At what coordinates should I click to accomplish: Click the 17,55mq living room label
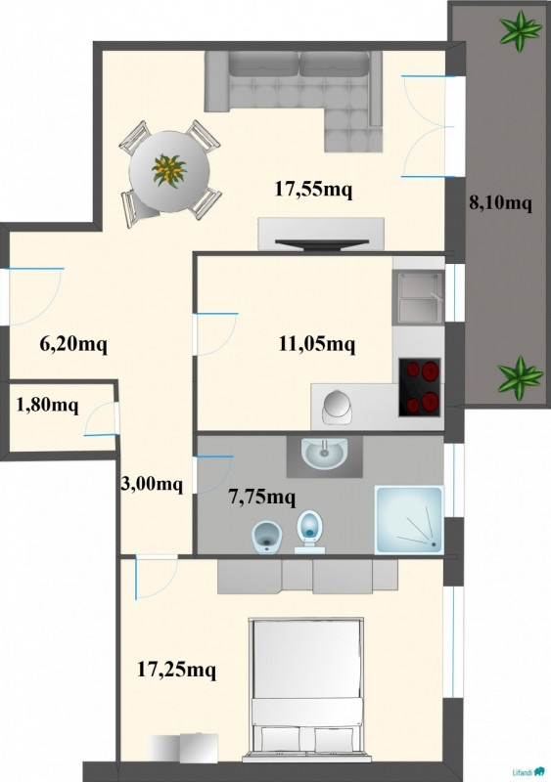click(314, 190)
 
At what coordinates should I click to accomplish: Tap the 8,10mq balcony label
click(500, 203)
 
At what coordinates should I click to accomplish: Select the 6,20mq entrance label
click(73, 344)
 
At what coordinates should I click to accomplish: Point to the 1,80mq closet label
click(47, 405)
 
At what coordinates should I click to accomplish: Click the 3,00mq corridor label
click(152, 484)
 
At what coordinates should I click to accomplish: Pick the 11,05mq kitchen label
click(317, 344)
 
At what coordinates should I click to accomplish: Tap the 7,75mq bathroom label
click(261, 497)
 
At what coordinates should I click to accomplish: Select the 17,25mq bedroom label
click(176, 670)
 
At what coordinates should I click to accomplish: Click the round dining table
click(169, 171)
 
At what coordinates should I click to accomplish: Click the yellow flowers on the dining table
click(169, 170)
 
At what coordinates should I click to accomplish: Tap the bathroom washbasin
click(324, 454)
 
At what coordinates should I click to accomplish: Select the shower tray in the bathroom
click(409, 520)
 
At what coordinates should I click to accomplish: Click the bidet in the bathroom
click(267, 537)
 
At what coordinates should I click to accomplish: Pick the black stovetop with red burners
click(420, 387)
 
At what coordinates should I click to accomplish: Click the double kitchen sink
click(418, 297)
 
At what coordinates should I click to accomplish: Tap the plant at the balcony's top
click(521, 31)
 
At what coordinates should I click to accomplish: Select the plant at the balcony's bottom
click(520, 377)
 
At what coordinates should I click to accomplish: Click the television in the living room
click(322, 243)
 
